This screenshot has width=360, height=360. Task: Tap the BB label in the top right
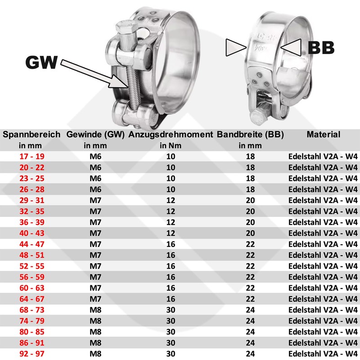320,48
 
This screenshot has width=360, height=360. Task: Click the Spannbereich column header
31,134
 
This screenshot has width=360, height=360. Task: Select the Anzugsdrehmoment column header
170,134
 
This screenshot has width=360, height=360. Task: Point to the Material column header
323,134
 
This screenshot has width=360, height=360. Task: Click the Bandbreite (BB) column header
250,134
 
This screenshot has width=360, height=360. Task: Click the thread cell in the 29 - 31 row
95,200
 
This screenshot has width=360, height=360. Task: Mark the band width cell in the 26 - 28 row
250,189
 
